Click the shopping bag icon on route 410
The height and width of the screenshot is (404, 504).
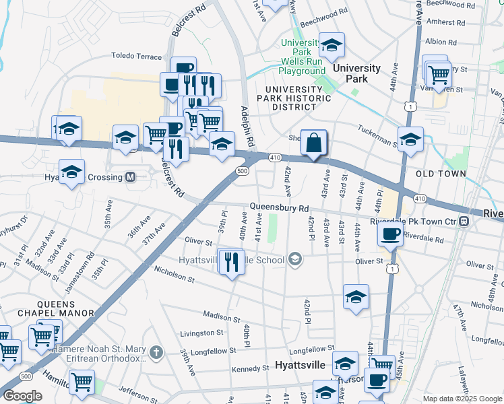[314, 143]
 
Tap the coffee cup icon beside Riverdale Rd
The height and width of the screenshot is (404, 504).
[391, 234]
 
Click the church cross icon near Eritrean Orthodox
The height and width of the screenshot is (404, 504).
[156, 351]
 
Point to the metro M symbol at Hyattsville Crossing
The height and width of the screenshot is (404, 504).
[131, 177]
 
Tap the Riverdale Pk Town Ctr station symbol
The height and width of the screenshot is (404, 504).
[464, 221]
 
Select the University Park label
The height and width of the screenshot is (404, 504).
[356, 73]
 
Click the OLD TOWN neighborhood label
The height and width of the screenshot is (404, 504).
[441, 174]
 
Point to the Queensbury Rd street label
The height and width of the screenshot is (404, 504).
[279, 207]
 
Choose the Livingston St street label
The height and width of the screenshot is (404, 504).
[201, 333]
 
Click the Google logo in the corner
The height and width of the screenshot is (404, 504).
[23, 396]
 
